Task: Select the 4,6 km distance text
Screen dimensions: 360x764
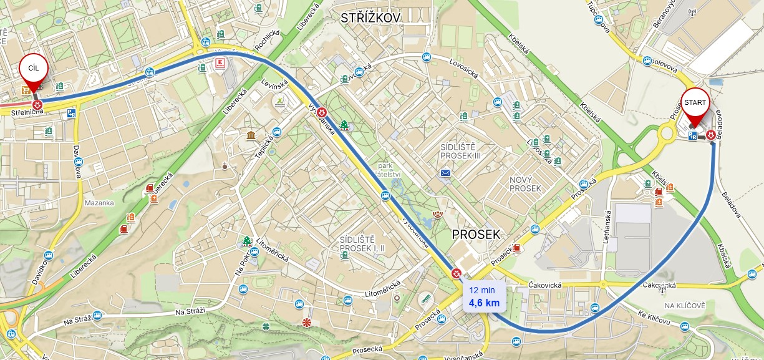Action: click(x=484, y=303)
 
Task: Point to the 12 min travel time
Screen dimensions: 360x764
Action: click(x=482, y=290)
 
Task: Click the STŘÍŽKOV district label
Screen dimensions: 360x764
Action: click(x=370, y=19)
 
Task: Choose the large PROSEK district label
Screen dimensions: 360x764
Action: click(x=476, y=235)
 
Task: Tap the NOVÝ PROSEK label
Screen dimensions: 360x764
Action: click(x=525, y=183)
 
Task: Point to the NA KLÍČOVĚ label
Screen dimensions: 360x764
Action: click(x=685, y=305)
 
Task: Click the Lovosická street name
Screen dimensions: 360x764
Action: click(x=464, y=68)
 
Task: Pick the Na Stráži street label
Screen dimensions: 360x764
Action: click(x=190, y=311)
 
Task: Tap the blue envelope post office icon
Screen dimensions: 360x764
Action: click(x=445, y=173)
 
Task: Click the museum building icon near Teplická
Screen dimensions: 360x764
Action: click(x=251, y=136)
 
